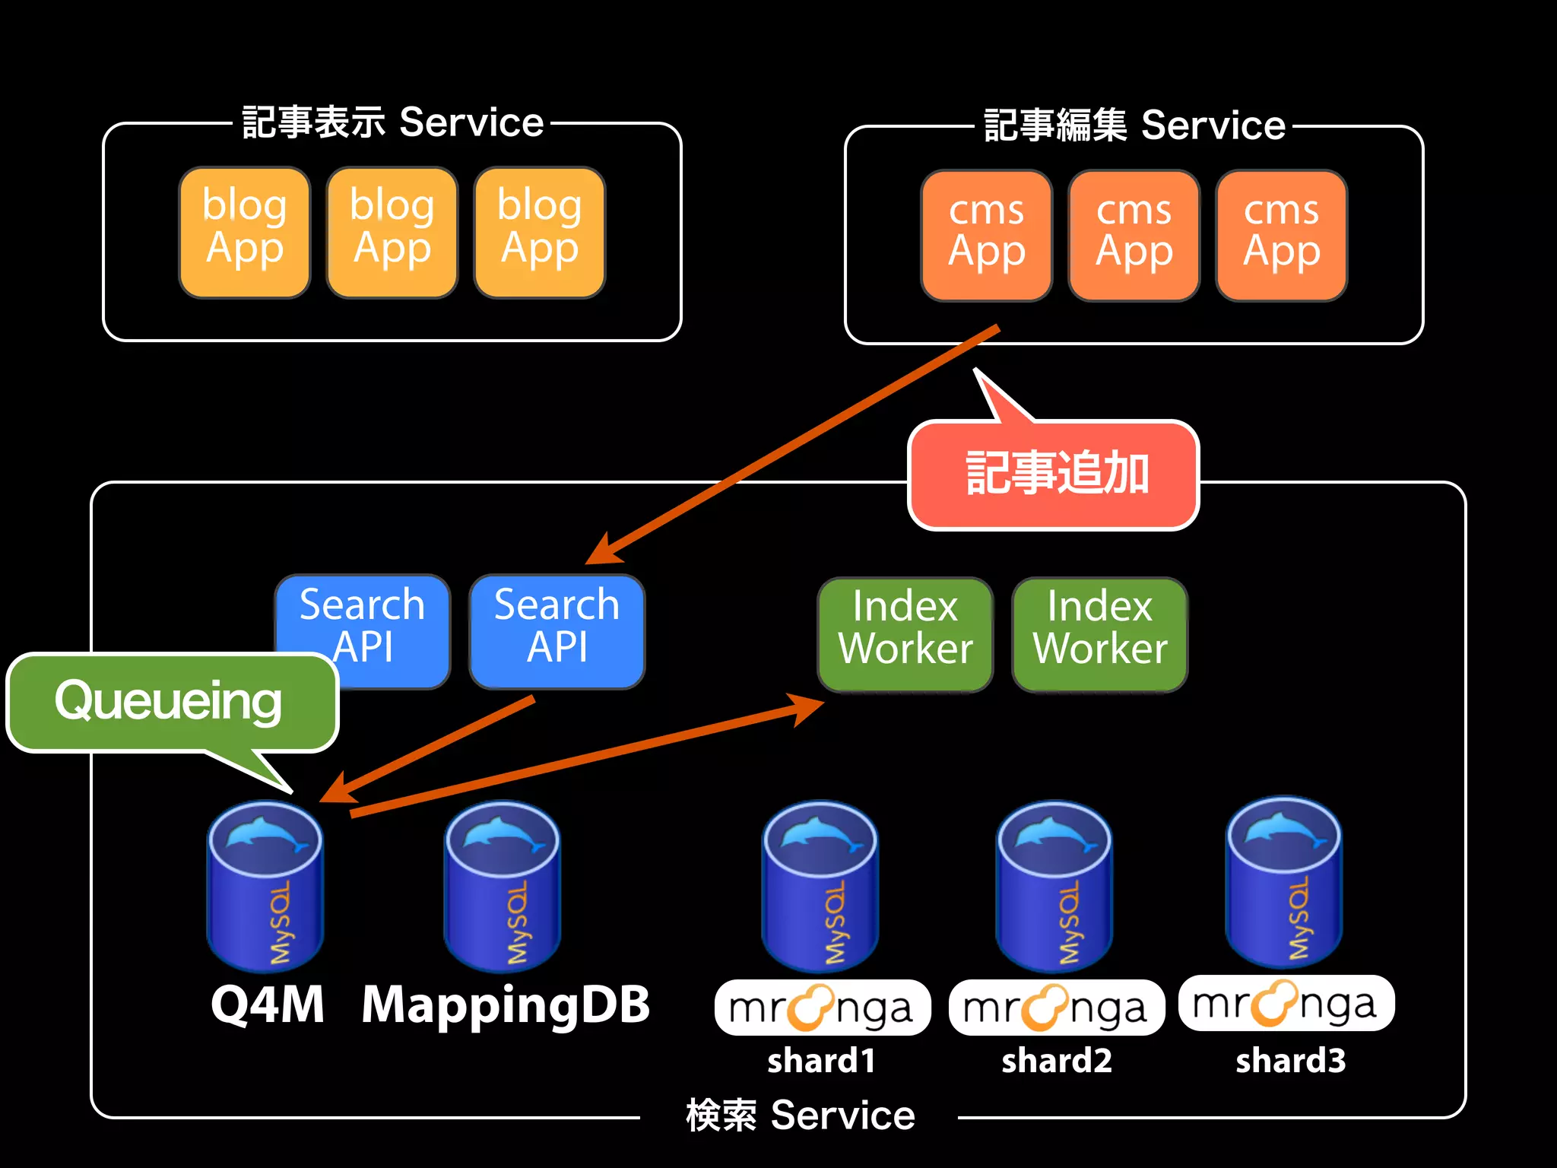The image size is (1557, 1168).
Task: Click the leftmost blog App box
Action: pyautogui.click(x=245, y=232)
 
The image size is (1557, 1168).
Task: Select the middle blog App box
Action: pyautogui.click(x=392, y=232)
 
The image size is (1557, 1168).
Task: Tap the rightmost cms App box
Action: pyautogui.click(x=1281, y=235)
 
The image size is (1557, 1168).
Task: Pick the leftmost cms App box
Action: pyautogui.click(x=986, y=235)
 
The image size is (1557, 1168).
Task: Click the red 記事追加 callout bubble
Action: pyautogui.click(x=1054, y=474)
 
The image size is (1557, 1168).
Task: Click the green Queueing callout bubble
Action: pyautogui.click(x=170, y=702)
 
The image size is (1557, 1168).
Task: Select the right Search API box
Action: pyautogui.click(x=557, y=631)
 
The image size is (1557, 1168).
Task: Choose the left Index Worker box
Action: pyautogui.click(x=905, y=633)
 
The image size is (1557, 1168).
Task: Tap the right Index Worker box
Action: pyautogui.click(x=1099, y=633)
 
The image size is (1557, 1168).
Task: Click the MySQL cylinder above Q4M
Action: pyautogui.click(x=265, y=887)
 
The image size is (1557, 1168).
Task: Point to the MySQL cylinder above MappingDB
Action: pyautogui.click(x=502, y=887)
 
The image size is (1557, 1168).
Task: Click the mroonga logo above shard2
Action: pyautogui.click(x=1056, y=1008)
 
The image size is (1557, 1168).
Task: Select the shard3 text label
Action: pyautogui.click(x=1290, y=1061)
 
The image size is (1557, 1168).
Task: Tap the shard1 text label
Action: pyautogui.click(x=821, y=1061)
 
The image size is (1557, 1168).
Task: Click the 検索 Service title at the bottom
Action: pyautogui.click(x=800, y=1116)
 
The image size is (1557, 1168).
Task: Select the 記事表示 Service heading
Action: pyautogui.click(x=392, y=122)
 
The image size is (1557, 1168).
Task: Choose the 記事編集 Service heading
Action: pyautogui.click(x=1134, y=125)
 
